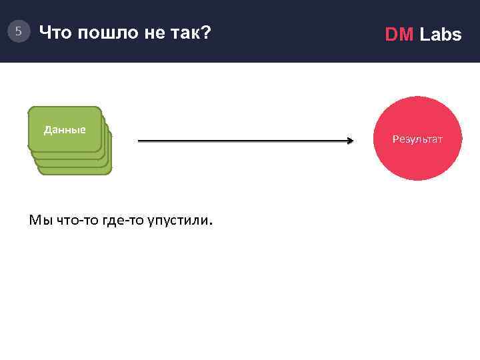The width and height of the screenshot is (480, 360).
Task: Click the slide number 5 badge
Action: point(19,31)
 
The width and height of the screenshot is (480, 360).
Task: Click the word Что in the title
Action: point(56,31)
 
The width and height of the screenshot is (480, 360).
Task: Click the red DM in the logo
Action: point(399,35)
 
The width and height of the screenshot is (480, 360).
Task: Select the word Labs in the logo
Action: point(440,35)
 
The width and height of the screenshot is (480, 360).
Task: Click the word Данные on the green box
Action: point(65,129)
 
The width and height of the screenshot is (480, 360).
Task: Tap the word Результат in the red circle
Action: point(417,139)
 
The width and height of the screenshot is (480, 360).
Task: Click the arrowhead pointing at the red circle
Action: point(349,141)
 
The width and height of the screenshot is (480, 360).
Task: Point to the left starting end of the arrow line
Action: point(139,141)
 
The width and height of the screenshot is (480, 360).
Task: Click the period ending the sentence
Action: point(211,225)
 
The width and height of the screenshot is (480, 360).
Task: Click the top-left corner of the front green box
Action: point(30,109)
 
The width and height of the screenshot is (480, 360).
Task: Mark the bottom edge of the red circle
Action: point(417,180)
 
